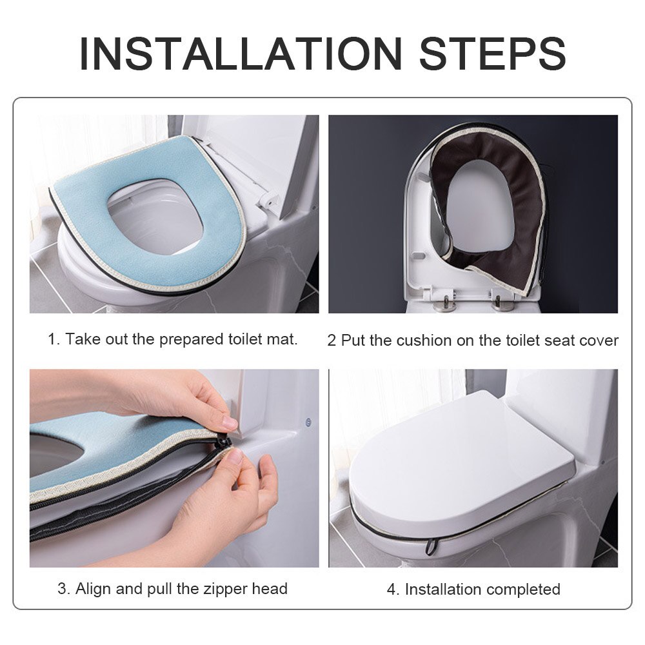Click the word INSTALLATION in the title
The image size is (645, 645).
click(241, 54)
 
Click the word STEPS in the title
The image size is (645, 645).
click(493, 54)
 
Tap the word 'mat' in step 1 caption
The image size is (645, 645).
click(283, 339)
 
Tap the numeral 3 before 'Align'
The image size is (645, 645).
click(63, 589)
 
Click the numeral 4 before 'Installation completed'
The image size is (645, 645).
click(393, 590)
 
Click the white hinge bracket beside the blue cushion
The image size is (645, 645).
click(268, 201)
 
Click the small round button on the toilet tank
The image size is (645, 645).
click(308, 422)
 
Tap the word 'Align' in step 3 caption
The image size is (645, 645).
click(94, 589)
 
